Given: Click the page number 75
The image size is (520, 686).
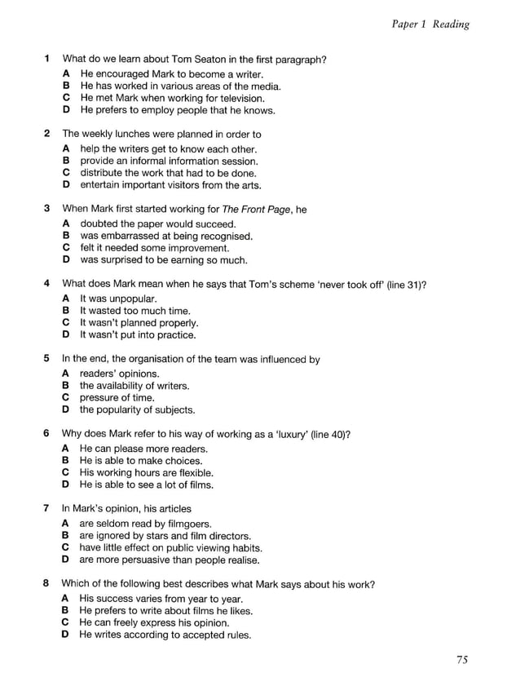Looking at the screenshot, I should click(x=462, y=661).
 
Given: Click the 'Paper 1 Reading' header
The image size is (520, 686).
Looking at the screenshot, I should click(x=430, y=24).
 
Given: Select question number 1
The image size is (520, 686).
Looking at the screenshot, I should click(x=46, y=59).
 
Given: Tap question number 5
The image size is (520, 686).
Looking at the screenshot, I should click(x=46, y=358).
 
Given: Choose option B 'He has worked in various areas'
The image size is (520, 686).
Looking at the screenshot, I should click(x=179, y=86).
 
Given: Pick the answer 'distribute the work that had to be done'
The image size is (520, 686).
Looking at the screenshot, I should click(x=168, y=173).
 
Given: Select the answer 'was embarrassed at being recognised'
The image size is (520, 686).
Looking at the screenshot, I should click(x=165, y=237).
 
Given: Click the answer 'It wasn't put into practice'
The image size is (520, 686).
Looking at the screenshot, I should click(x=138, y=334).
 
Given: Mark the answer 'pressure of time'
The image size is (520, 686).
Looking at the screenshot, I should click(x=117, y=398).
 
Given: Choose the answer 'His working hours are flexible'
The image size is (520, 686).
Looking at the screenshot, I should click(x=146, y=473).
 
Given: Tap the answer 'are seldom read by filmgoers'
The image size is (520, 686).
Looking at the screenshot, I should click(x=146, y=524).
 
